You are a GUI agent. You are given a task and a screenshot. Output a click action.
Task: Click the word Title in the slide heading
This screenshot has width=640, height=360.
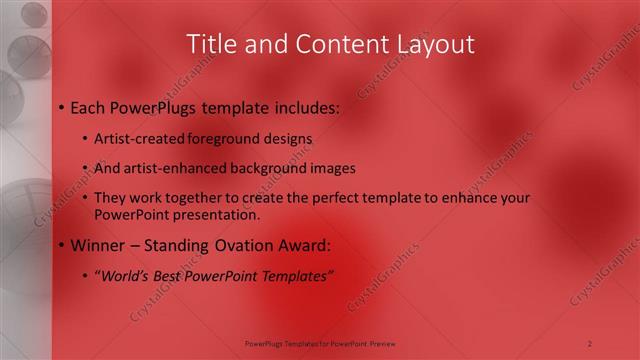(x=213, y=44)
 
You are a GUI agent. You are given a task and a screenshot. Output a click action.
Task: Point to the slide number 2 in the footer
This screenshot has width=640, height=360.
(x=590, y=343)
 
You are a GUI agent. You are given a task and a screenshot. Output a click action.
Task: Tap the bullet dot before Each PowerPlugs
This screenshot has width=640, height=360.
(x=61, y=107)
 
